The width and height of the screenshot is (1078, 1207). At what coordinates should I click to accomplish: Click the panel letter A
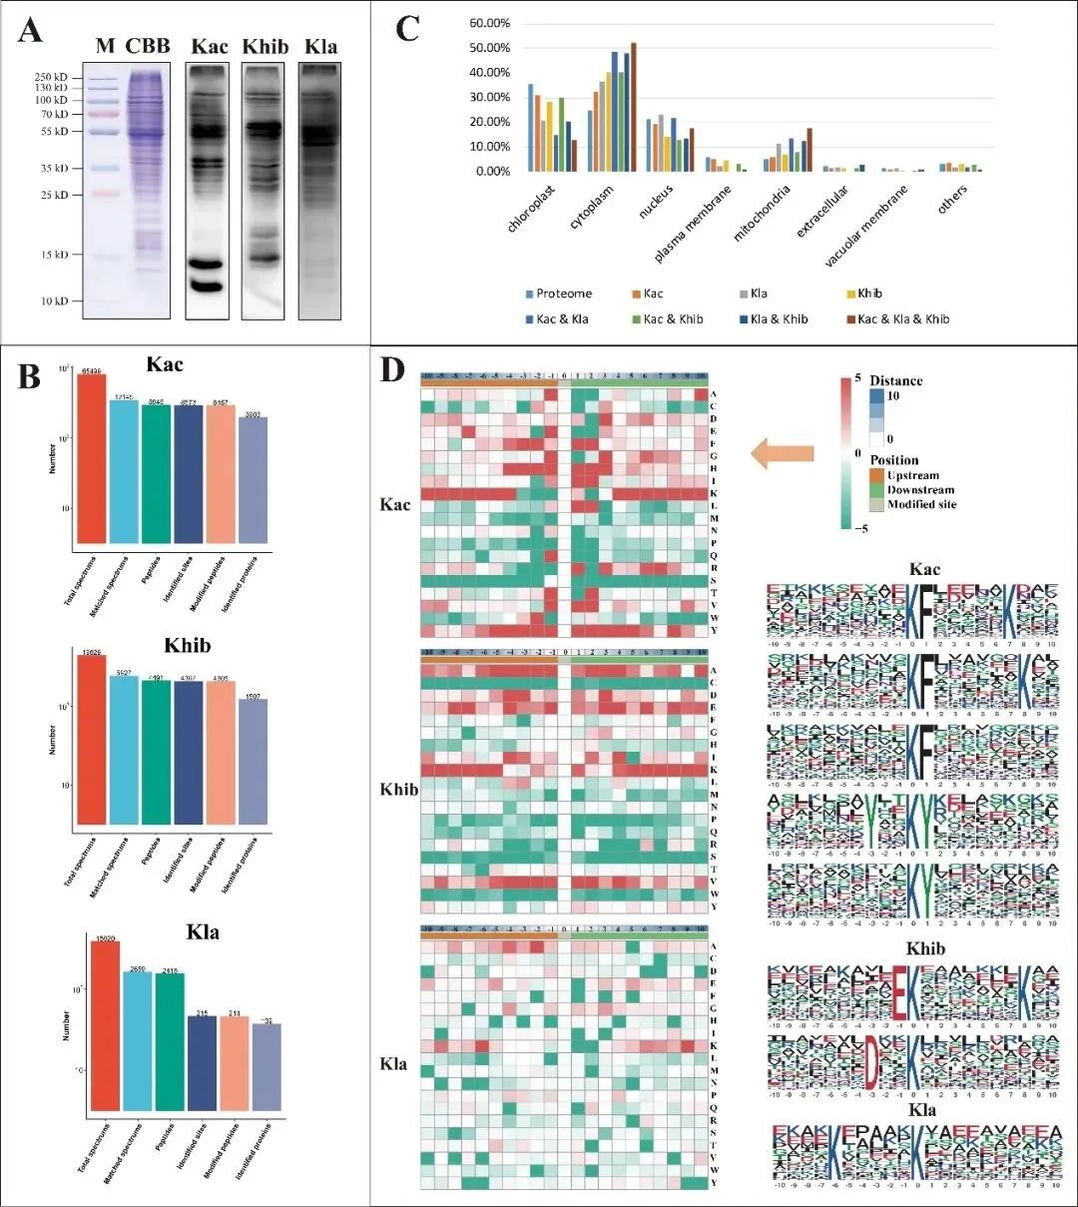click(x=31, y=31)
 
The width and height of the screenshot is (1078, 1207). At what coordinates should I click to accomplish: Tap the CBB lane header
click(x=148, y=46)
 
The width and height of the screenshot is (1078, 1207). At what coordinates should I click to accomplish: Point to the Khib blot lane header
click(x=266, y=47)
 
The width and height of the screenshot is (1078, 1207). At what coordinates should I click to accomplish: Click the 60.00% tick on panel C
click(x=489, y=23)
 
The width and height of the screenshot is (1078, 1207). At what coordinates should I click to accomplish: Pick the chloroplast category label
click(x=533, y=206)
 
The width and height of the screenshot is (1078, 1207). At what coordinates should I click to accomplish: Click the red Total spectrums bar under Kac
click(x=92, y=460)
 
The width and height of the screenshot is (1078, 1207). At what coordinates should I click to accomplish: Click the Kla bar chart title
click(x=203, y=932)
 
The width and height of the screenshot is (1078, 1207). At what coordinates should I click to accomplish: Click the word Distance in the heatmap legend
click(x=895, y=380)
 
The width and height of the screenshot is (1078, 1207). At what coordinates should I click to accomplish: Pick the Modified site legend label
click(x=921, y=504)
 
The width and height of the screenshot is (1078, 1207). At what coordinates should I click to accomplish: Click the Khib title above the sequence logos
click(x=925, y=948)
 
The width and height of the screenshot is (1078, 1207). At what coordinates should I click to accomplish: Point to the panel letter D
click(x=393, y=370)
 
